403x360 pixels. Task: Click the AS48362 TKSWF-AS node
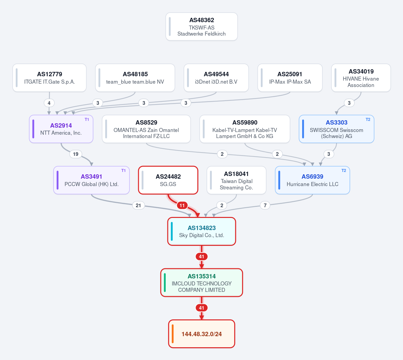[x=202, y=27]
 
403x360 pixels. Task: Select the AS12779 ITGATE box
[x=49, y=78]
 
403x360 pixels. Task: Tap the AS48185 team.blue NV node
[x=135, y=78]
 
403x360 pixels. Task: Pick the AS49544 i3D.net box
[x=216, y=78]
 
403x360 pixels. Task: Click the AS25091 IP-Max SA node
[x=290, y=78]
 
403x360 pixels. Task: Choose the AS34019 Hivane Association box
[x=361, y=78]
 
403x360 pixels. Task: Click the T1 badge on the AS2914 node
[x=87, y=120]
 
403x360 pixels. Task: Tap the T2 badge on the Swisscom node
[x=368, y=120]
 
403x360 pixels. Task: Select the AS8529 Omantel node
[x=146, y=129]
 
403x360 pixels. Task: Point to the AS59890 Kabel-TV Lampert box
[x=245, y=129]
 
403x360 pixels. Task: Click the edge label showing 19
[x=76, y=154]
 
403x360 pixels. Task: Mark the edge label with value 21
[x=138, y=206]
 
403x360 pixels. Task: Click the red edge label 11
[x=182, y=206]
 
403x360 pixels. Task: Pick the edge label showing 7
[x=265, y=206]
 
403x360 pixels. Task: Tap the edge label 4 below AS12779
[x=49, y=103]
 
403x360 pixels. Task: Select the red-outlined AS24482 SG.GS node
[x=168, y=180]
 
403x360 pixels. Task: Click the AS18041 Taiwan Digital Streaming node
[x=236, y=180]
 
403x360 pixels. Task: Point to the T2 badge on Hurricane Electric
[x=344, y=171]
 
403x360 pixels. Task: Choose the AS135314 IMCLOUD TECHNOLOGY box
[x=202, y=283]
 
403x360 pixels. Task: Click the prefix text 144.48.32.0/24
[x=202, y=334]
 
